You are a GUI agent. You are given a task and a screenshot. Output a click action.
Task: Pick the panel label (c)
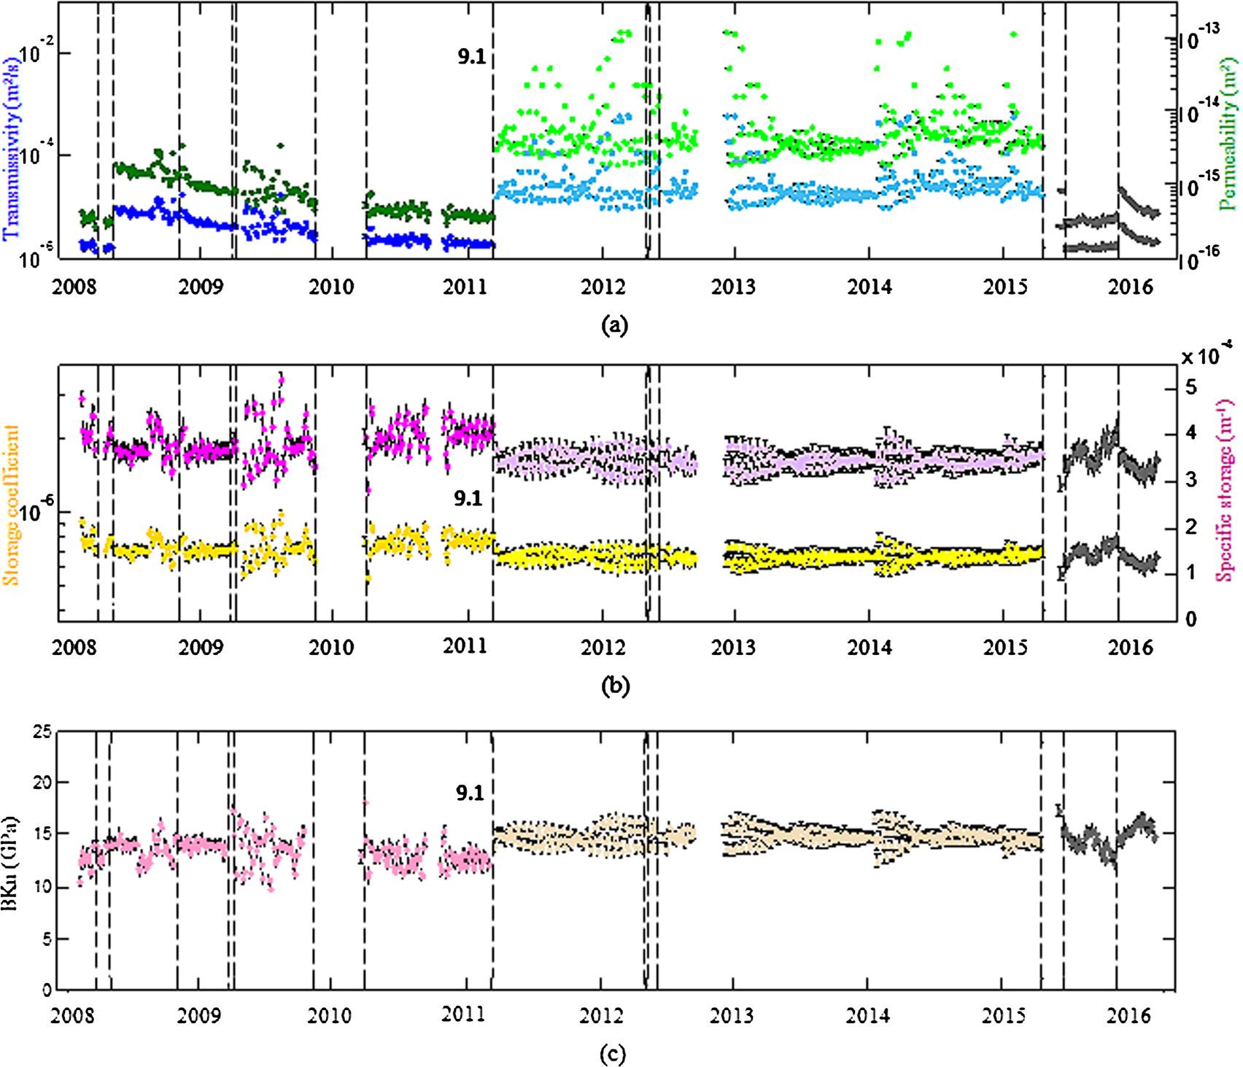click(x=611, y=1053)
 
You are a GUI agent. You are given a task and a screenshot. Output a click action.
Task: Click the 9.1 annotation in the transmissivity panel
click(x=471, y=57)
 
